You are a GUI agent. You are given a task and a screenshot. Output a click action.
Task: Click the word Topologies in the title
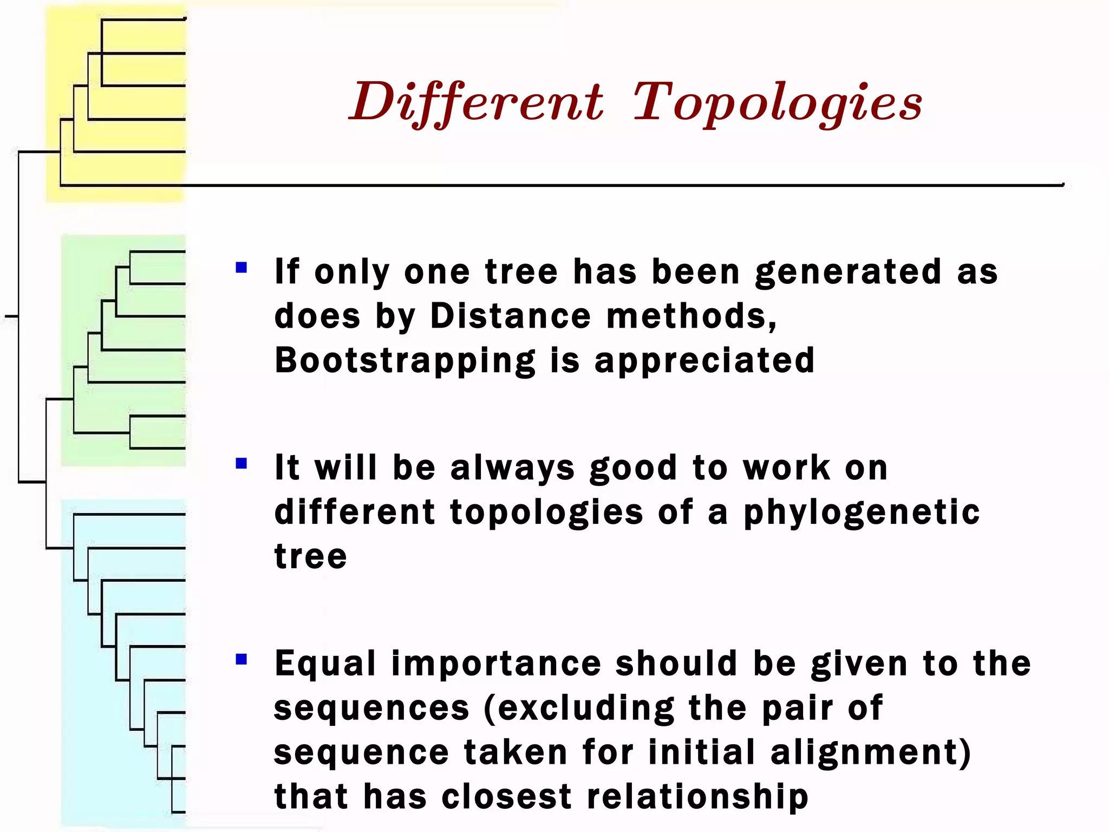(778, 103)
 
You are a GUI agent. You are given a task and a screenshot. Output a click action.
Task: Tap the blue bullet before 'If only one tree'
(242, 267)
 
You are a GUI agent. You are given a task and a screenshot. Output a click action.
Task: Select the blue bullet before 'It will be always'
(242, 463)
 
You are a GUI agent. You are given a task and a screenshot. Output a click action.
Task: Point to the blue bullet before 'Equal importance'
(242, 659)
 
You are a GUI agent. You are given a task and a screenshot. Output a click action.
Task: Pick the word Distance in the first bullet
(510, 316)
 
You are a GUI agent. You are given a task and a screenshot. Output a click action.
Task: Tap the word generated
(848, 272)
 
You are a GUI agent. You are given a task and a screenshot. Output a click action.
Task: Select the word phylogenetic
(861, 512)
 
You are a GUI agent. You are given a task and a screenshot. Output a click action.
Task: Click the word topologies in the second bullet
(546, 512)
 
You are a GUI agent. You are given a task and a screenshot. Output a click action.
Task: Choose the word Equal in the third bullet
(325, 664)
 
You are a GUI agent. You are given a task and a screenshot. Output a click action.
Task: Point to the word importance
(496, 664)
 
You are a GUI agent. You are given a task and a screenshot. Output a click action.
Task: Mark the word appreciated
(704, 361)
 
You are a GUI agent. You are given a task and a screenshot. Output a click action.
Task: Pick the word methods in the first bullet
(691, 316)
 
